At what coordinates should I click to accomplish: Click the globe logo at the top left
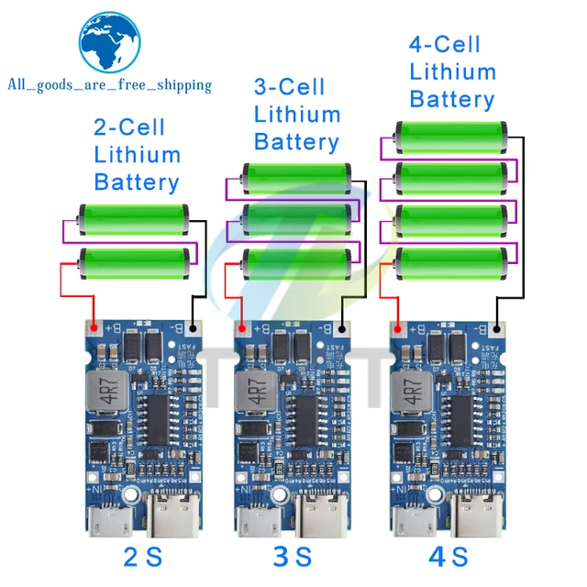point(110,40)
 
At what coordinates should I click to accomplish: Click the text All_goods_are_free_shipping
point(109,85)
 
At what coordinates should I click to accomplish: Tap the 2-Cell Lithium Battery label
point(137,154)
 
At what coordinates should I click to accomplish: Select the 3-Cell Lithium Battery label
point(296,115)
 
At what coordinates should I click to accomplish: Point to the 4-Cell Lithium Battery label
point(452,72)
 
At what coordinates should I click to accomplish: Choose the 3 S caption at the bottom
point(293,556)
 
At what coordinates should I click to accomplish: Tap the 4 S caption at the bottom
point(448,556)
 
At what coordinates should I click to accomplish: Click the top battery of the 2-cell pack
point(134,219)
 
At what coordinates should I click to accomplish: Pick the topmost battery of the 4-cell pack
point(451,136)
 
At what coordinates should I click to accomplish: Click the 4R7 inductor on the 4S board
point(410,392)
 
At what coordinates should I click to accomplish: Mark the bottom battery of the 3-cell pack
point(296,264)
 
